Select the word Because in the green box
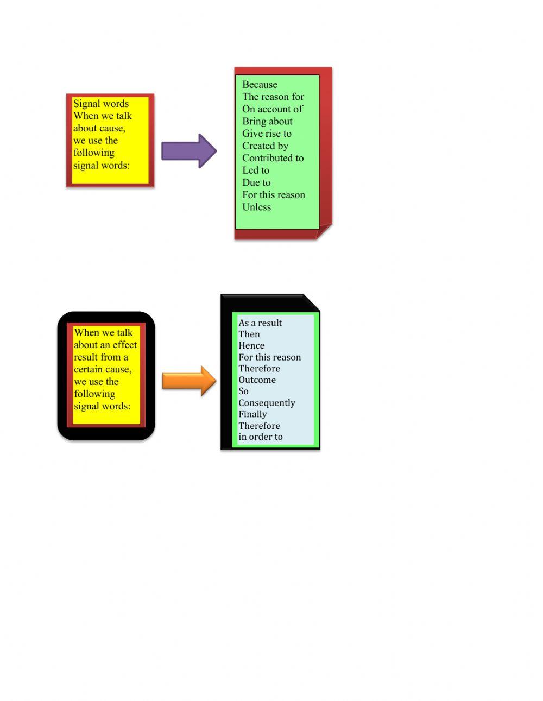tap(260, 85)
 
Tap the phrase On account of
tap(272, 109)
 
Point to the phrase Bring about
tap(267, 121)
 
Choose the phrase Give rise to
tap(267, 134)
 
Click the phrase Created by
tap(265, 146)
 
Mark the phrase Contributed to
tap(273, 158)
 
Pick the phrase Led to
tap(256, 170)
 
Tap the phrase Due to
tap(256, 182)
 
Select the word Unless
tap(256, 207)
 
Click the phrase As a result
tap(260, 323)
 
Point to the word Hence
tap(251, 346)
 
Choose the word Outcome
tap(257, 380)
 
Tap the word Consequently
tap(267, 403)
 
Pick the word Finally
tap(252, 414)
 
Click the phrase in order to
tap(261, 437)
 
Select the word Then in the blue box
tap(249, 334)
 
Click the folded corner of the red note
tap(324, 231)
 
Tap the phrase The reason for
tap(273, 97)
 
